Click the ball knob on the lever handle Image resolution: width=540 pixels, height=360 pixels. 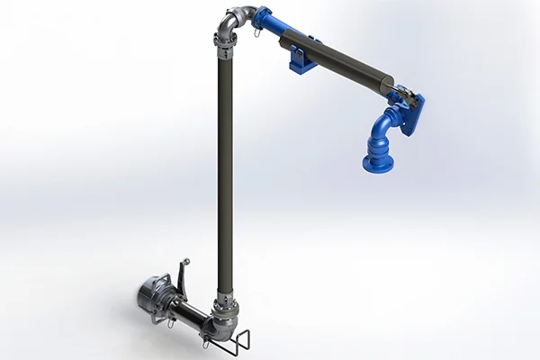pyautogui.click(x=187, y=261)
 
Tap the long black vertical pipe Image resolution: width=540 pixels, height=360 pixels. pyautogui.click(x=224, y=171)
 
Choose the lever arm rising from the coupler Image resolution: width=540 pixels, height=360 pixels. pyautogui.click(x=182, y=274)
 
